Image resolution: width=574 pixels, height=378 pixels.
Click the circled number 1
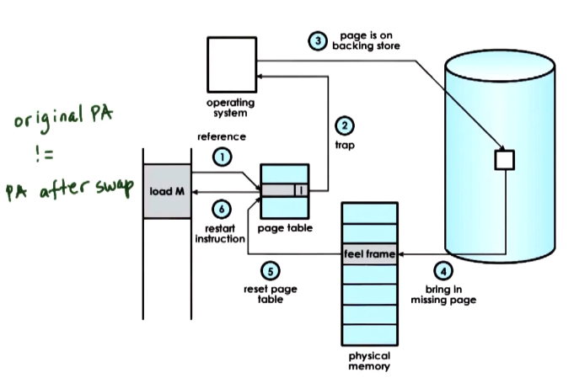(x=222, y=157)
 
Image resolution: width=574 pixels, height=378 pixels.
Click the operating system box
(x=230, y=66)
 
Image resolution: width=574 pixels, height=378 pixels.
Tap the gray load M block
(x=168, y=191)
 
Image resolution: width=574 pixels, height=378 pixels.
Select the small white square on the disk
(x=503, y=158)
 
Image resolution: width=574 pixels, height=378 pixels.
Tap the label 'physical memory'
(x=368, y=361)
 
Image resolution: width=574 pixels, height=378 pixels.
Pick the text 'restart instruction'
(x=220, y=232)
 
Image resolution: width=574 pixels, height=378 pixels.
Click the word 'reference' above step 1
(x=222, y=136)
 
